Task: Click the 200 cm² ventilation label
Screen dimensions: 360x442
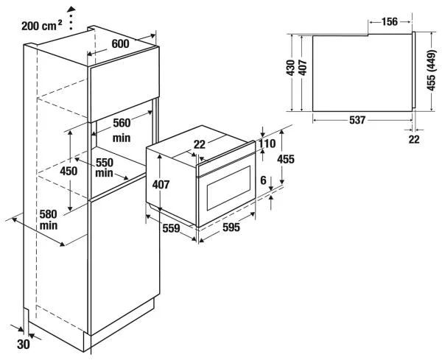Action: (41, 25)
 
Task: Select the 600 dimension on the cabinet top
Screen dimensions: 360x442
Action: (121, 45)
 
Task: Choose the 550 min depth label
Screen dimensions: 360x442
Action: (105, 167)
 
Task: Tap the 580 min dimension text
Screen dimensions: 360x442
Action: (49, 219)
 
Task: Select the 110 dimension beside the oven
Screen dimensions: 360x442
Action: (267, 145)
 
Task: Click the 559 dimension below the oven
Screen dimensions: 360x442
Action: (171, 228)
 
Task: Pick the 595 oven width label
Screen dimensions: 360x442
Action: (231, 228)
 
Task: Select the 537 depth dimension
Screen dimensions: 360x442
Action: (357, 121)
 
